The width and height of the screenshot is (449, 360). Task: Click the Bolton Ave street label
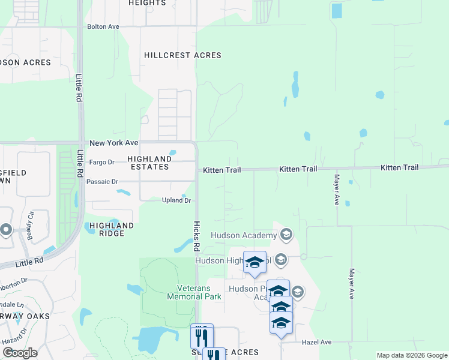tap(103, 26)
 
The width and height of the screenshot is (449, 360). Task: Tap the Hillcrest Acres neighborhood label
tap(182, 55)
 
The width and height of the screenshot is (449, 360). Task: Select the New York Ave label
tap(114, 143)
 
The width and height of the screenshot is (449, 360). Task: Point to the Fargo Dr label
tap(101, 162)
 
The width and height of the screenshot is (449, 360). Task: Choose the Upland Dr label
tap(176, 200)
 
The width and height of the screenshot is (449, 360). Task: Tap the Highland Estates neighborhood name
tap(149, 163)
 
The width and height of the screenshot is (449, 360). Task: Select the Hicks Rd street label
tap(196, 235)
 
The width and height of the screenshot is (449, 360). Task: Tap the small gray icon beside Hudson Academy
tap(286, 234)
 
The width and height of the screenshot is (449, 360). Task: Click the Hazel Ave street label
tap(318, 342)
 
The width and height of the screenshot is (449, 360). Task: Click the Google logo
tap(20, 352)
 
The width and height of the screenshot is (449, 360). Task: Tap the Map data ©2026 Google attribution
tap(411, 355)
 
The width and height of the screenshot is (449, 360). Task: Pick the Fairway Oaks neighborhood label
tap(24, 316)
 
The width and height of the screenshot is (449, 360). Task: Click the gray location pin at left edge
tap(6, 229)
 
